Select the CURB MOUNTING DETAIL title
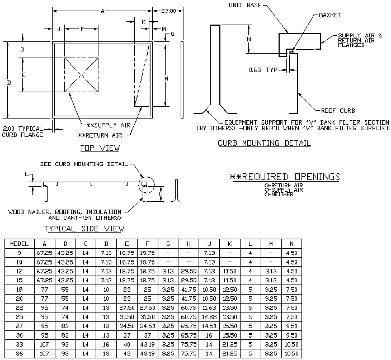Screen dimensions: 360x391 (x=264, y=143)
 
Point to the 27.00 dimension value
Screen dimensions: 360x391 (x=168, y=11)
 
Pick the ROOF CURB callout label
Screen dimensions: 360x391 (x=340, y=110)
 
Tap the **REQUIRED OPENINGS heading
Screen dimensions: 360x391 (x=285, y=177)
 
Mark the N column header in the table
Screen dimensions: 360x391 (x=290, y=243)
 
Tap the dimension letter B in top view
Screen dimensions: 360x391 (x=8, y=83)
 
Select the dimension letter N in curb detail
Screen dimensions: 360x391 (x=248, y=39)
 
